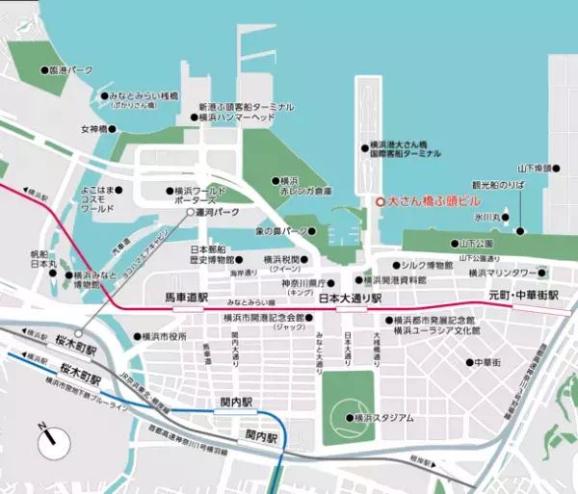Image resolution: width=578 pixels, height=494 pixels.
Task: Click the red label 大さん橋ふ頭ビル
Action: [431, 203]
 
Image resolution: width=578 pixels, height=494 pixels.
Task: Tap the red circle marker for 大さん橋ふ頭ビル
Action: [378, 203]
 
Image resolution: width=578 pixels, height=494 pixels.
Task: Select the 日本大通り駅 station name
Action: [351, 298]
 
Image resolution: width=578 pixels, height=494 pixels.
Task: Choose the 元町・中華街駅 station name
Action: [522, 293]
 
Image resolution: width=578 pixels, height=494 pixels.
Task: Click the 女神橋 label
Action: [97, 129]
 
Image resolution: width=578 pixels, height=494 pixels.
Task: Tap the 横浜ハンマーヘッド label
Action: [236, 117]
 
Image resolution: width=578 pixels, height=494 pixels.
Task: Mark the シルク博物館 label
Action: [427, 265]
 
